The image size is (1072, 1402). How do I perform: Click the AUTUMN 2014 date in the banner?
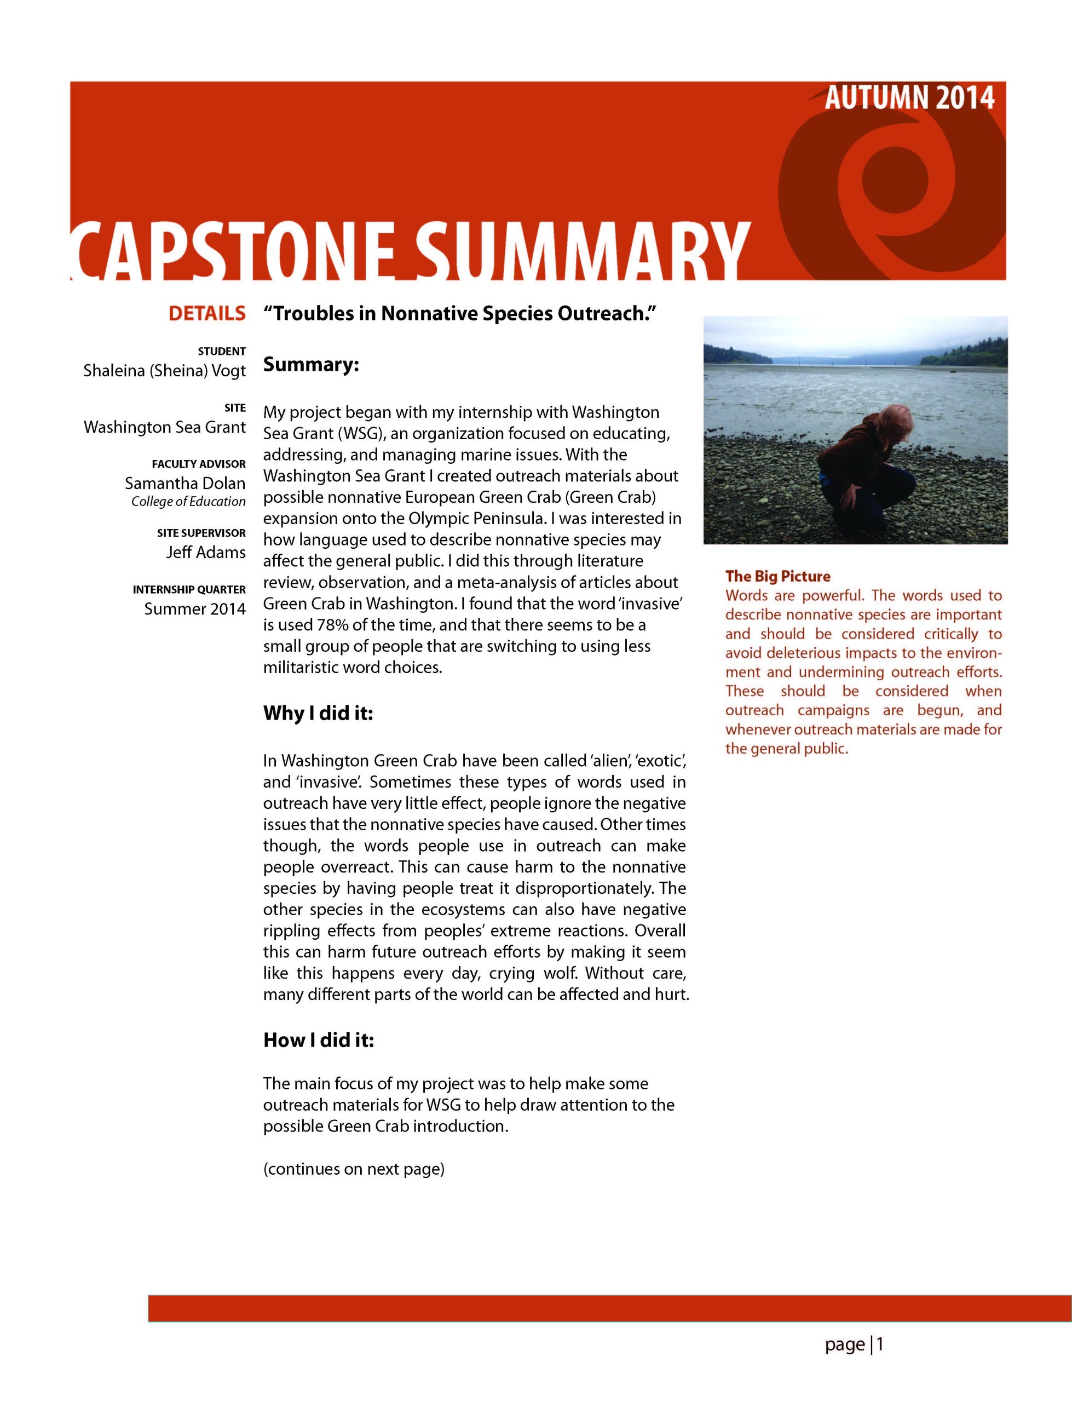pyautogui.click(x=909, y=98)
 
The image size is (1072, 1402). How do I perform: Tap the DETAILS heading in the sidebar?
pyautogui.click(x=207, y=313)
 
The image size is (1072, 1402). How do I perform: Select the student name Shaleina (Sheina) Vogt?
pyautogui.click(x=165, y=371)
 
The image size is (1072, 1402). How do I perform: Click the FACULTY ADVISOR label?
pyautogui.click(x=198, y=464)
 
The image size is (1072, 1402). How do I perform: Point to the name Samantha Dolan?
pyautogui.click(x=185, y=483)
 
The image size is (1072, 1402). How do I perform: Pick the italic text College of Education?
pyautogui.click(x=188, y=502)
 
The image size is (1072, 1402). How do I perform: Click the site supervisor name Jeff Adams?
pyautogui.click(x=205, y=552)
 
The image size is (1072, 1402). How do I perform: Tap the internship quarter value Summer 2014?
pyautogui.click(x=194, y=609)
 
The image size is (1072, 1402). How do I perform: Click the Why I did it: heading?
pyautogui.click(x=318, y=713)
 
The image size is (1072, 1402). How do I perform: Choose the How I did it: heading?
pyautogui.click(x=319, y=1041)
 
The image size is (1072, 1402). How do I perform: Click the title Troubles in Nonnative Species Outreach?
pyautogui.click(x=459, y=313)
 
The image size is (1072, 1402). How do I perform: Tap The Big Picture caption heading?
pyautogui.click(x=777, y=576)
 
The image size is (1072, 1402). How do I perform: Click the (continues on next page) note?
pyautogui.click(x=354, y=1169)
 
